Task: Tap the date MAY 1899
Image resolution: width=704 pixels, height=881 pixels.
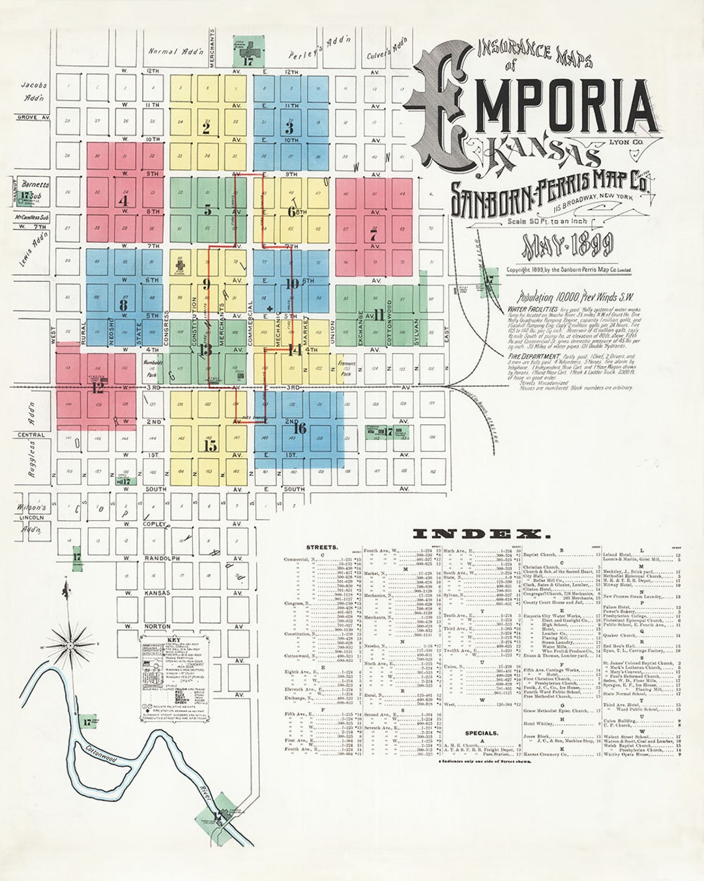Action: (x=567, y=245)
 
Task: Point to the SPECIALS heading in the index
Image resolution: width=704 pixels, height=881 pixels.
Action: (x=482, y=733)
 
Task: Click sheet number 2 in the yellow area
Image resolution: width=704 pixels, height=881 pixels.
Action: (x=206, y=129)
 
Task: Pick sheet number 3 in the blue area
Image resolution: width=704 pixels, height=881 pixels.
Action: (x=289, y=129)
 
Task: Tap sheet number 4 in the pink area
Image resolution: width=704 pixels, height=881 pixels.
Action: (x=123, y=201)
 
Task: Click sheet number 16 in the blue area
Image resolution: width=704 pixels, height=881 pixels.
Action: (x=299, y=429)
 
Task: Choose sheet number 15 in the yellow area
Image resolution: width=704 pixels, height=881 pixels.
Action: (x=210, y=446)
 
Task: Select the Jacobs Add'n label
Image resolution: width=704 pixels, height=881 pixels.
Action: (x=34, y=91)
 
